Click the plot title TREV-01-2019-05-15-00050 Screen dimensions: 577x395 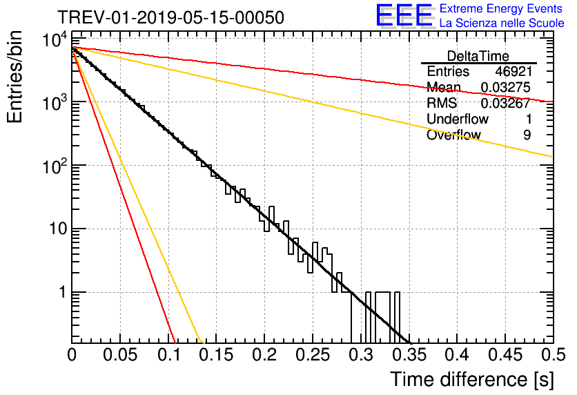[x=170, y=17]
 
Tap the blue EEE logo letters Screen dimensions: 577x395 [x=404, y=15]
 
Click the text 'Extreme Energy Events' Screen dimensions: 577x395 [x=501, y=8]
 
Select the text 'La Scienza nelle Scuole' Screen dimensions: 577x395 [x=502, y=23]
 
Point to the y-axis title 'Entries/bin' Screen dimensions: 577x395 [x=14, y=77]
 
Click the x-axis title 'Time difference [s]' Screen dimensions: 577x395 [x=473, y=379]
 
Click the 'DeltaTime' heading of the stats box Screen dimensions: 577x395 [x=478, y=56]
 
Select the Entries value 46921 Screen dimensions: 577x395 [x=514, y=71]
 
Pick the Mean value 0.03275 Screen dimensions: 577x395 [x=505, y=87]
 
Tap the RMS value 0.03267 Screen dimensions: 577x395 [x=505, y=103]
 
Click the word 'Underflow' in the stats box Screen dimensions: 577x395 [x=458, y=119]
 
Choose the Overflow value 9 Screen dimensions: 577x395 [x=527, y=135]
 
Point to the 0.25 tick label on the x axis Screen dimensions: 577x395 [x=313, y=355]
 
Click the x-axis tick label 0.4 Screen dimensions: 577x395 [x=457, y=355]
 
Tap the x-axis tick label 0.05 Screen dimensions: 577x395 [x=120, y=355]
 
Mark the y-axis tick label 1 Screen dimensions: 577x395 [x=62, y=292]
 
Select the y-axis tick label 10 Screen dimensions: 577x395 [x=58, y=229]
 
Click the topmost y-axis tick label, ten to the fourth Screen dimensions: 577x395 [x=55, y=39]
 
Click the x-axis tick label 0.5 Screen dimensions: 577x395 [x=553, y=355]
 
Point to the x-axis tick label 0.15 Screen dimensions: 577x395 [x=217, y=355]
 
